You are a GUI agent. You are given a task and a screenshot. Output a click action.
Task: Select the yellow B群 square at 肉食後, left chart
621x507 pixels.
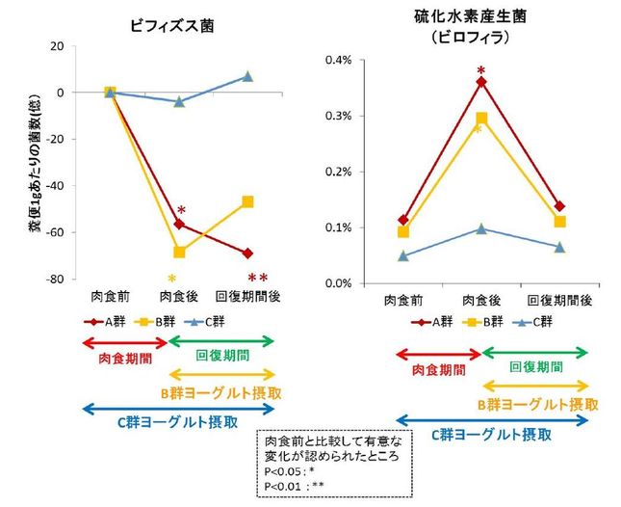179,252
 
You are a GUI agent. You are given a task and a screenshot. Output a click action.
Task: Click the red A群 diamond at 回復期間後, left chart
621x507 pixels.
247,253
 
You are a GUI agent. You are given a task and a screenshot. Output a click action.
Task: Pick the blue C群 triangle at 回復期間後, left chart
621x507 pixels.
247,76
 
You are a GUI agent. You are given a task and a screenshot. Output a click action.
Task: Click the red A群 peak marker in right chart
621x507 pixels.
481,82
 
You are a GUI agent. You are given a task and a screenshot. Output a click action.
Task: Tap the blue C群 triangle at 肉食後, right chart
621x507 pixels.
481,228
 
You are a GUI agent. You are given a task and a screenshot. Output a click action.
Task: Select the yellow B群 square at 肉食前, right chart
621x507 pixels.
403,232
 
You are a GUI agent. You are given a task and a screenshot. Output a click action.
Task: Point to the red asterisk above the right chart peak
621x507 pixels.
481,70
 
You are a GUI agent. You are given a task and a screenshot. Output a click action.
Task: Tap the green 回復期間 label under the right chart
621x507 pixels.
534,367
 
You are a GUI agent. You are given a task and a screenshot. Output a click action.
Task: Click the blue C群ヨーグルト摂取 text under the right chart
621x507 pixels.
492,436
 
